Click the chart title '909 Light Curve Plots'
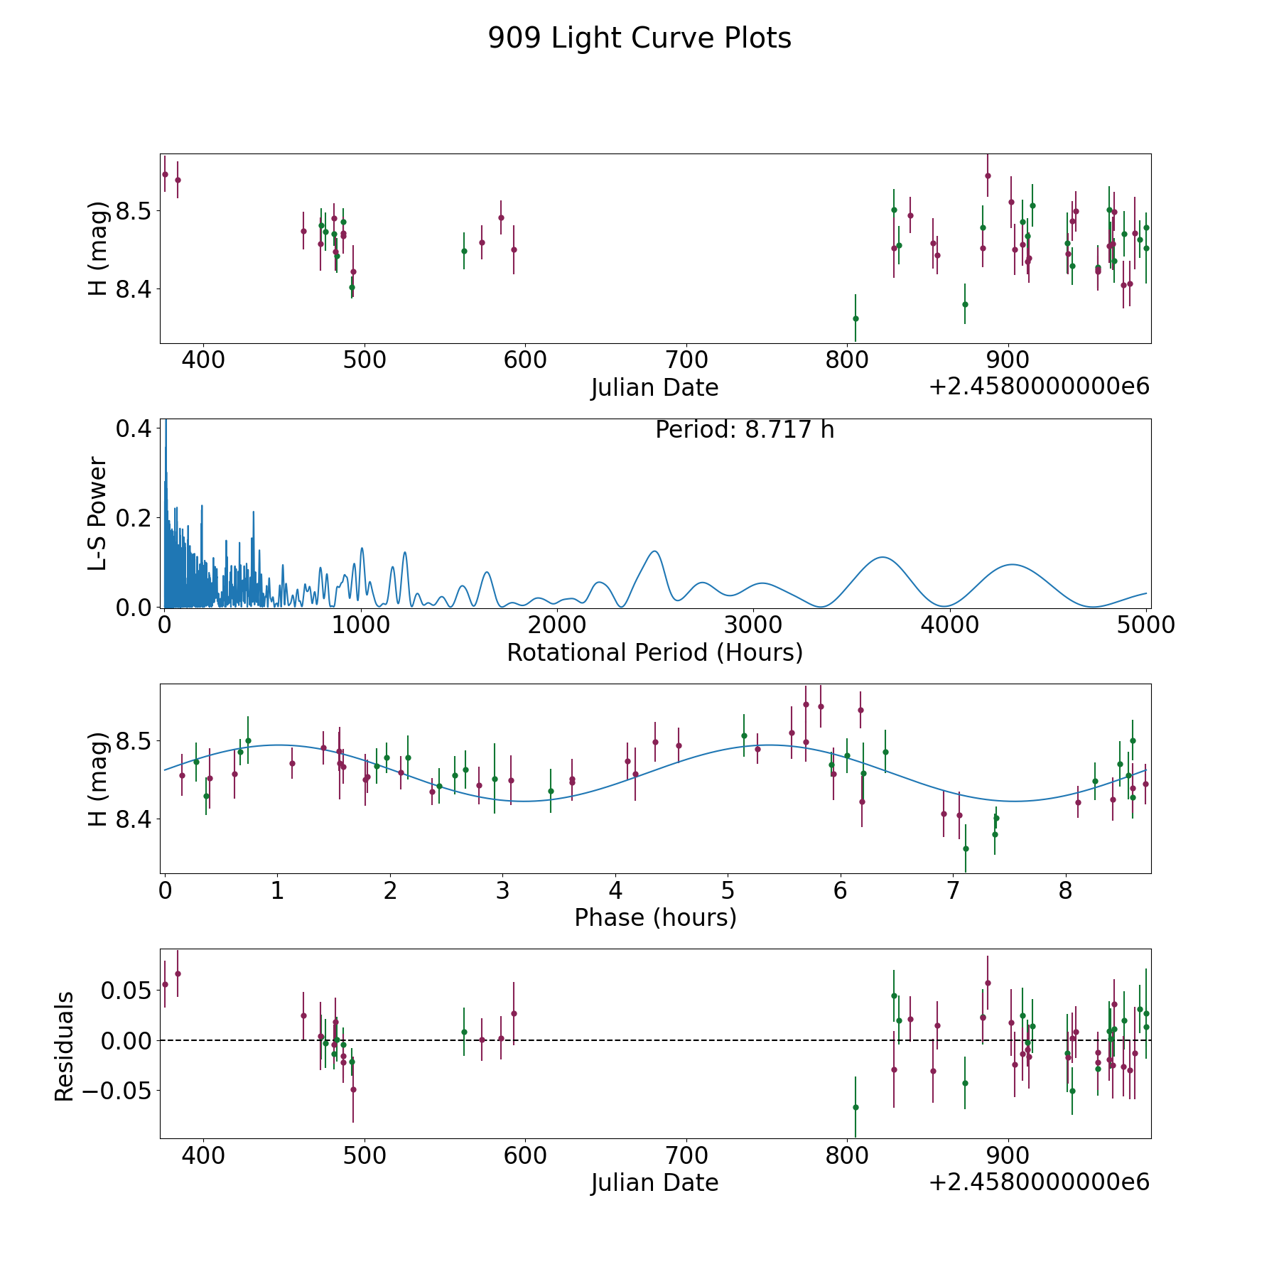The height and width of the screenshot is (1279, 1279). coord(639,38)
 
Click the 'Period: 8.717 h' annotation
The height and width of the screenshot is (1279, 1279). coord(745,430)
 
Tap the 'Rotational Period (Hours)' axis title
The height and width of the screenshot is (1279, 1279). coord(654,652)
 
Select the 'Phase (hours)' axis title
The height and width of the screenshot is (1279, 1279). coord(655,917)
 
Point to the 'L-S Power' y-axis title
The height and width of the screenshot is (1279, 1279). coord(98,514)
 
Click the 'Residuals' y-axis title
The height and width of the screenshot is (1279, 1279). coord(65,1047)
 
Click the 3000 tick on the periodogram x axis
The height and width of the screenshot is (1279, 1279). coord(753,625)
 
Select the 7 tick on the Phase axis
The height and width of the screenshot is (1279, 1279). coord(953,891)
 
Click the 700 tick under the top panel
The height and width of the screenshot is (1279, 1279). coord(686,360)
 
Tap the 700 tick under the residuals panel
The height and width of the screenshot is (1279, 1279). coord(686,1155)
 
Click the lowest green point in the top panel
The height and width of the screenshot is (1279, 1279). coord(856,318)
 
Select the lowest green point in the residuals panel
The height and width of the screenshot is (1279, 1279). coord(856,1107)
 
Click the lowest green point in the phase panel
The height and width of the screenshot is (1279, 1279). coord(966,848)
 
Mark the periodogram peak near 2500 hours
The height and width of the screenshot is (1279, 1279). coord(654,551)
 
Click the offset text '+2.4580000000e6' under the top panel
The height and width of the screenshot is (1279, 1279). coord(1039,387)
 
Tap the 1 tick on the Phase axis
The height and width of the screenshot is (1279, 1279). coord(277,891)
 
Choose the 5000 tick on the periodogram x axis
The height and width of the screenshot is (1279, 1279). coord(1145,625)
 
